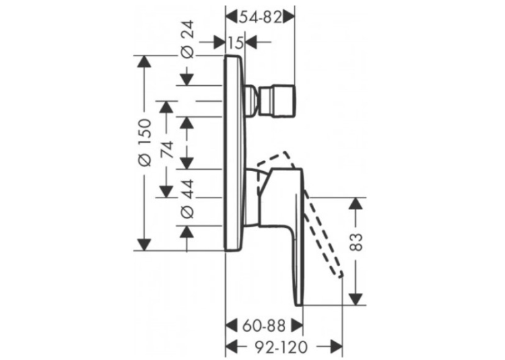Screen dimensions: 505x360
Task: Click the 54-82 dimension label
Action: [x=260, y=17]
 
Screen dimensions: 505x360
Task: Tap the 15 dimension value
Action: [x=236, y=42]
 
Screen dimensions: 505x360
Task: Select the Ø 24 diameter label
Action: [x=188, y=40]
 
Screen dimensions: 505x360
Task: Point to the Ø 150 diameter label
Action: [x=145, y=143]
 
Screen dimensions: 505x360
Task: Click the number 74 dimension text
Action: [x=167, y=149]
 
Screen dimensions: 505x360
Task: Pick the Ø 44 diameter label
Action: [x=188, y=199]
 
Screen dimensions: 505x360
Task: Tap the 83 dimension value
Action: [x=356, y=242]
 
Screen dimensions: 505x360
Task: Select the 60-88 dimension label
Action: [x=264, y=326]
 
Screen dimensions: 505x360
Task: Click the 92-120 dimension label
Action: [x=281, y=347]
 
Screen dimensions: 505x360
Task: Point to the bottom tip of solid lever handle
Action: [x=299, y=305]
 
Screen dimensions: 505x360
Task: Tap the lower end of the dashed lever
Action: [x=340, y=275]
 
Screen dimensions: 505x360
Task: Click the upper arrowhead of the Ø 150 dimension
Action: [x=144, y=62]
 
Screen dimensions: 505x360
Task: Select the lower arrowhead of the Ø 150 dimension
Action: [x=144, y=244]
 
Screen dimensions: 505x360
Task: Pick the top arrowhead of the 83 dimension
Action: [x=356, y=203]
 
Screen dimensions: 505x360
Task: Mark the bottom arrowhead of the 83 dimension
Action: [x=356, y=299]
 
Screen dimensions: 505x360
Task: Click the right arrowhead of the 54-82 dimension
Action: [x=288, y=17]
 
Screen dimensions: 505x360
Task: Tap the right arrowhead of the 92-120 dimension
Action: [x=335, y=347]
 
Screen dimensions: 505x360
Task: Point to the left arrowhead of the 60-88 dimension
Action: [x=232, y=326]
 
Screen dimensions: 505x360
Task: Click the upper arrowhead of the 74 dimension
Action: [x=166, y=106]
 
